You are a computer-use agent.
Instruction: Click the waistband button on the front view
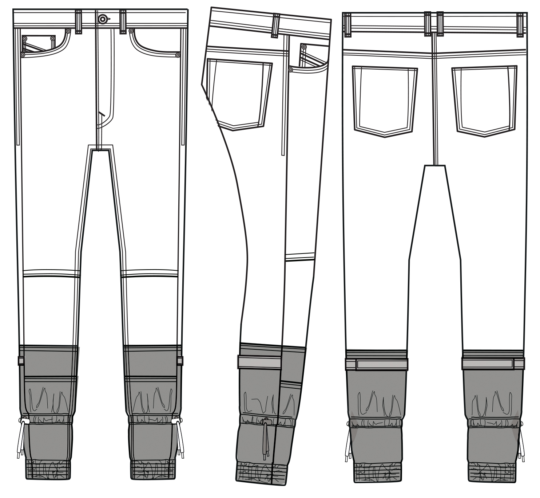point(103,19)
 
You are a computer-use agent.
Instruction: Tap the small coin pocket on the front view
point(39,43)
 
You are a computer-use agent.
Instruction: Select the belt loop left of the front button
point(79,22)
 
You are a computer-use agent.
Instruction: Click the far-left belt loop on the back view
point(348,24)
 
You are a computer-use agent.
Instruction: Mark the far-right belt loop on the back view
point(521,24)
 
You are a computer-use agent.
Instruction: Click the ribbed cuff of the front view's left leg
point(48,470)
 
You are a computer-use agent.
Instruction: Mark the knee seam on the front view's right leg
point(150,274)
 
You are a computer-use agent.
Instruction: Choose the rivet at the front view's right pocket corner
point(178,55)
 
